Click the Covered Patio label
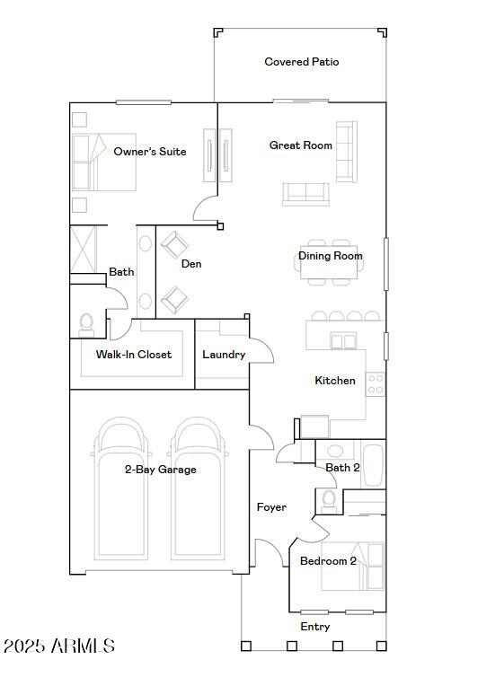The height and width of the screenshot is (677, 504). (x=301, y=62)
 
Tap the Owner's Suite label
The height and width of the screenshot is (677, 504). (x=150, y=152)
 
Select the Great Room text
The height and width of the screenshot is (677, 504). (x=301, y=145)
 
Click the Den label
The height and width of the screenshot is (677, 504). (x=191, y=264)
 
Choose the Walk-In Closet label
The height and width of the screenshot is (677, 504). (x=133, y=355)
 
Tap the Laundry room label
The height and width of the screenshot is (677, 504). (x=224, y=355)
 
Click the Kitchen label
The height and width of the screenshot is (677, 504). (x=334, y=381)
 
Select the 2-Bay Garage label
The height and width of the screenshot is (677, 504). (x=160, y=470)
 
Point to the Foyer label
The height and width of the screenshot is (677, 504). (x=271, y=507)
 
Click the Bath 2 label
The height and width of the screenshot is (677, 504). (x=342, y=468)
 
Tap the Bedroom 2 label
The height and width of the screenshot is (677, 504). (x=328, y=561)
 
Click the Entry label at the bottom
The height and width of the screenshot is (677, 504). (x=314, y=627)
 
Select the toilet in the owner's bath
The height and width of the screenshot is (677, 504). (x=87, y=322)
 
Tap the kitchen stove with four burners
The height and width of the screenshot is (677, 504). (x=376, y=385)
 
